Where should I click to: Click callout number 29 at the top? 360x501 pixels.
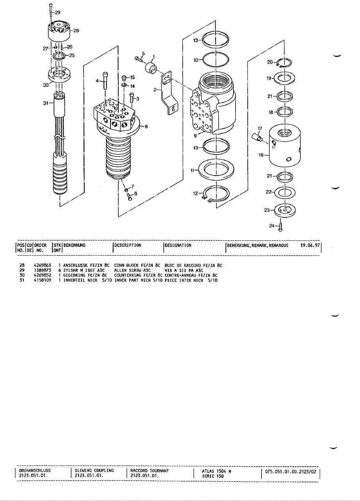tap(57, 12)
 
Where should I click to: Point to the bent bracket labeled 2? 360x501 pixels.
tap(170, 94)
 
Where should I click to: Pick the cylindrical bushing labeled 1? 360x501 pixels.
tap(151, 68)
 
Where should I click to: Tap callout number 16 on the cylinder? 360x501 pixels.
tap(261, 155)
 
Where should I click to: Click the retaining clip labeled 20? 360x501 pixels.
tap(285, 62)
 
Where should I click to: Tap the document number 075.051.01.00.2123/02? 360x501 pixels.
tap(291, 471)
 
